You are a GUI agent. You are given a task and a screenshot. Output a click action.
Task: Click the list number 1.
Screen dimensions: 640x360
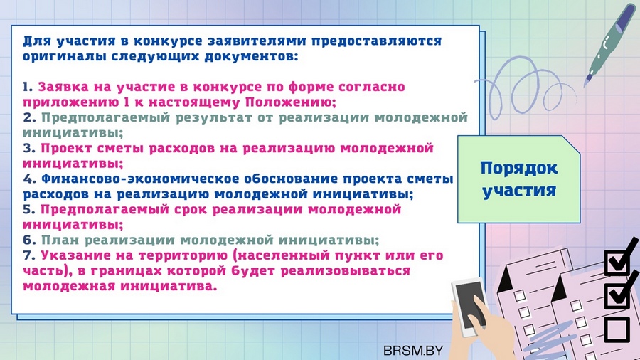coord(27,87)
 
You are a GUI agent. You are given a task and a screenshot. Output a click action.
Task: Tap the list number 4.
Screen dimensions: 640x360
coord(29,179)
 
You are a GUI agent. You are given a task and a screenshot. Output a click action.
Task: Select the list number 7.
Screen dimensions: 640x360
coord(29,255)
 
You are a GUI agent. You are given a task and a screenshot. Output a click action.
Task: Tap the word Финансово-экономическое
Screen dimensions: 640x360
coord(139,179)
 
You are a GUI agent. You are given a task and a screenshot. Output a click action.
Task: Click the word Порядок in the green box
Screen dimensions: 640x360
coord(519,169)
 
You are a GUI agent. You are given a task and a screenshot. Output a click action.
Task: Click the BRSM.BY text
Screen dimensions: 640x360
coord(413,350)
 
